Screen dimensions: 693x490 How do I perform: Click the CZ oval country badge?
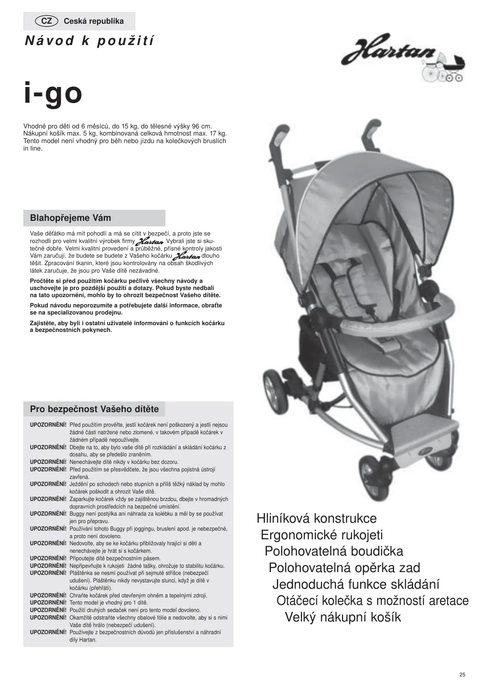pyautogui.click(x=47, y=21)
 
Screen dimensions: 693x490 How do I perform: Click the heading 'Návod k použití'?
pyautogui.click(x=90, y=41)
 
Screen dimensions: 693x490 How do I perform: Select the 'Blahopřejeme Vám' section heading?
pyautogui.click(x=70, y=218)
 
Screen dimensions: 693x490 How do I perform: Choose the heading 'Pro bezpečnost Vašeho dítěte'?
pyautogui.click(x=94, y=409)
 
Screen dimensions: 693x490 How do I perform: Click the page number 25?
pyautogui.click(x=462, y=674)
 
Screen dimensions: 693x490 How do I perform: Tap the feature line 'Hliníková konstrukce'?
pyautogui.click(x=317, y=518)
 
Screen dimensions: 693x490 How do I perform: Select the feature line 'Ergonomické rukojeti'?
pyautogui.click(x=322, y=535)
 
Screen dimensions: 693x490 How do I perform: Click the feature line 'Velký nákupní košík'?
pyautogui.click(x=343, y=617)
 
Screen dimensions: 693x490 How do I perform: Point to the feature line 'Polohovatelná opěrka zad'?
pyautogui.click(x=344, y=568)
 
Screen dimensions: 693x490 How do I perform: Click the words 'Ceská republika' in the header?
pyautogui.click(x=94, y=21)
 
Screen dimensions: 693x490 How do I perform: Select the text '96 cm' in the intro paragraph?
pyautogui.click(x=202, y=126)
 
